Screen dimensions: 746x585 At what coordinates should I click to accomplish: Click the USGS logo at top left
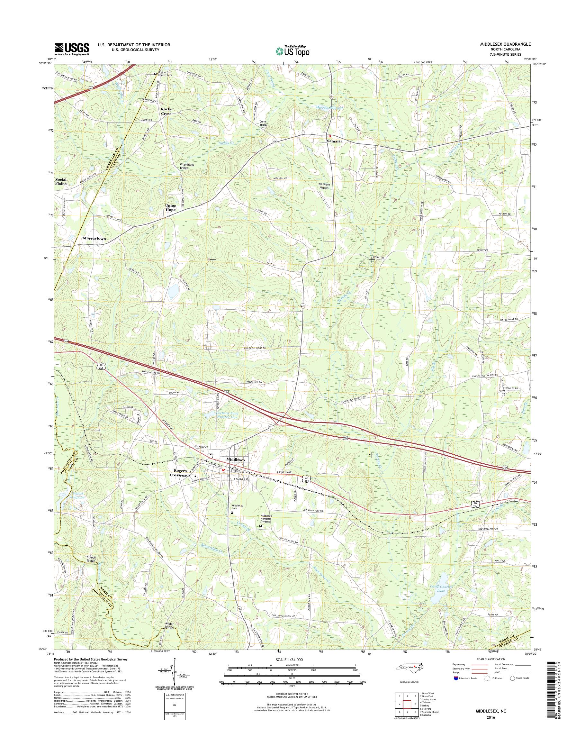point(72,49)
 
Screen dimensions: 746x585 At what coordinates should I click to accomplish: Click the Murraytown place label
point(94,238)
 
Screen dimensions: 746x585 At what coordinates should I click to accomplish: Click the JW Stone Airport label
point(323,186)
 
